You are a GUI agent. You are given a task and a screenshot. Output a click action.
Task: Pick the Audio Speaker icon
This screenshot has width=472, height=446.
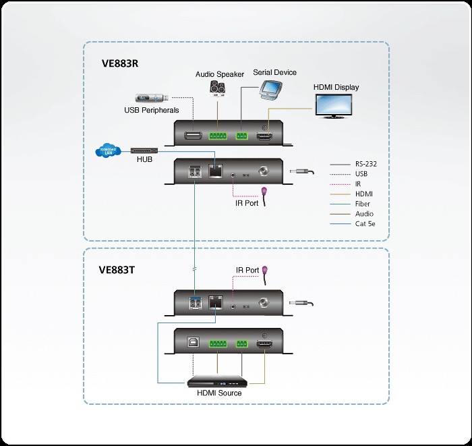217,88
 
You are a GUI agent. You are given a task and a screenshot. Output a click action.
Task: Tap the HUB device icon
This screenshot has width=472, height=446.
144,149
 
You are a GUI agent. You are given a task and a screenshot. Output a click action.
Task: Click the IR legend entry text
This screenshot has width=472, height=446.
358,184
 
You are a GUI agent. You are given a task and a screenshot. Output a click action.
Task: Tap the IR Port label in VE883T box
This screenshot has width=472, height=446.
247,270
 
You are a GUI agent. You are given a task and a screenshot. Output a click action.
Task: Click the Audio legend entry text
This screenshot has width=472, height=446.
364,214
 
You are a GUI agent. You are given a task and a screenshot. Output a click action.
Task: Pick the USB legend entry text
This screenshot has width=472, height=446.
361,173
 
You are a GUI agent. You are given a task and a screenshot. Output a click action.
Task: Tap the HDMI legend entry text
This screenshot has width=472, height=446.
363,194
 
